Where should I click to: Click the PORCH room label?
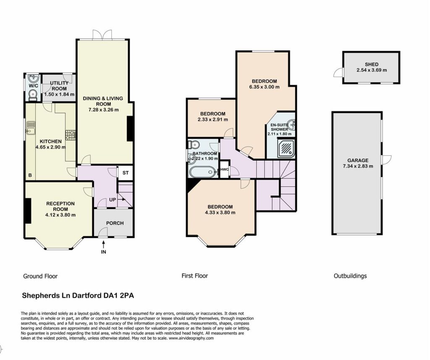click(115, 223)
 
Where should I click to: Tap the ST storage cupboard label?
click(125, 173)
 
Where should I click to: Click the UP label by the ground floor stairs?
click(113, 200)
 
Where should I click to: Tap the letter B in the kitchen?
click(30, 175)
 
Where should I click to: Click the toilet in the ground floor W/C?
click(33, 95)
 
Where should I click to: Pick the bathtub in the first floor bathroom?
click(203, 172)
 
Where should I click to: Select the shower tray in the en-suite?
click(286, 149)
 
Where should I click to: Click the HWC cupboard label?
click(224, 170)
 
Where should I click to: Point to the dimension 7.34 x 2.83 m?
click(358, 166)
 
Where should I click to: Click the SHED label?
click(372, 64)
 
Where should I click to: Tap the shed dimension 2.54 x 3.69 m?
click(372, 70)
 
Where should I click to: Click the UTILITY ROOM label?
click(59, 86)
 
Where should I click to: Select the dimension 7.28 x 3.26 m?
click(103, 110)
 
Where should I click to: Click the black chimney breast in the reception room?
click(28, 210)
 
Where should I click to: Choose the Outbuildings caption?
click(350, 276)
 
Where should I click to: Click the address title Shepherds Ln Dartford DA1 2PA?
click(78, 296)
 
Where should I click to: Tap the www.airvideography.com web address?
click(191, 338)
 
